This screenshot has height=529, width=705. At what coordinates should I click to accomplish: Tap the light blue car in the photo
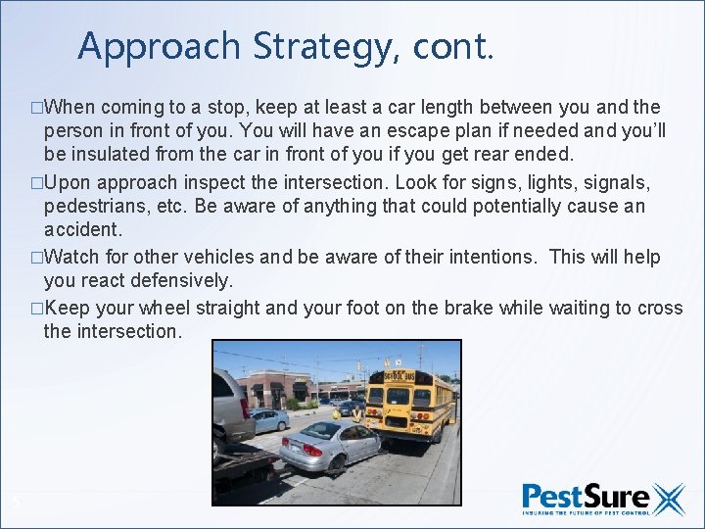[x=268, y=419]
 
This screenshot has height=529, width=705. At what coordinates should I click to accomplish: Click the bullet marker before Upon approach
[x=37, y=183]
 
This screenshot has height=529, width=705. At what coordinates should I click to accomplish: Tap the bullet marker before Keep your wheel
[x=37, y=309]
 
